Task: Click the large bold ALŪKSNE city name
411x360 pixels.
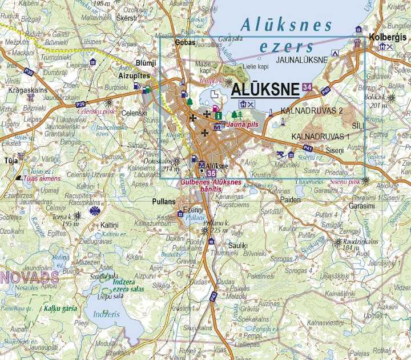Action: pyautogui.click(x=267, y=89)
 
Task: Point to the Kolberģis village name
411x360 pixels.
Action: pyautogui.click(x=388, y=36)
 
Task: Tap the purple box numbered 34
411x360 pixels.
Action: pyautogui.click(x=308, y=87)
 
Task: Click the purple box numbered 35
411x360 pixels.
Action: pyautogui.click(x=212, y=173)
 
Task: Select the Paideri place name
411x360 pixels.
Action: pyautogui.click(x=291, y=200)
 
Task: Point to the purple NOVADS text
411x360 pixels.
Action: pyautogui.click(x=30, y=278)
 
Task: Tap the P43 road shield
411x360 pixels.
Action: pyautogui.click(x=213, y=296)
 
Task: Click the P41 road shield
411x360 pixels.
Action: pyautogui.click(x=308, y=153)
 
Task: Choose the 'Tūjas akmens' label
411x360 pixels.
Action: pyautogui.click(x=37, y=178)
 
